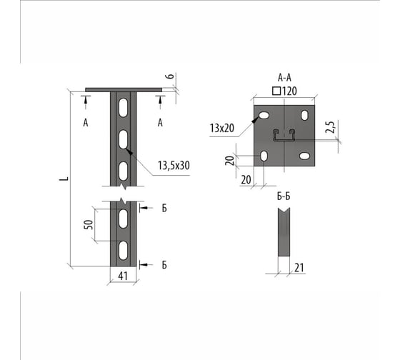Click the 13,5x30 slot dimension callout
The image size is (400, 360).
point(174,166)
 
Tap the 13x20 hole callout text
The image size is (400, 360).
point(222,128)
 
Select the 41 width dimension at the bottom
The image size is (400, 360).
point(123,276)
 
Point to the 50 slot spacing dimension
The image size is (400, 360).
point(89,224)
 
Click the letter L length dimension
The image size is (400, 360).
point(64,179)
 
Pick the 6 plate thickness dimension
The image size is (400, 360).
point(171,76)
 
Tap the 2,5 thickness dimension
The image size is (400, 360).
point(330,127)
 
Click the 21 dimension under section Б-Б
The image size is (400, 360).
point(299,268)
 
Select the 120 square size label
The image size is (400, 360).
point(289,91)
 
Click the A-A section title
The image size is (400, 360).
point(284,77)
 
